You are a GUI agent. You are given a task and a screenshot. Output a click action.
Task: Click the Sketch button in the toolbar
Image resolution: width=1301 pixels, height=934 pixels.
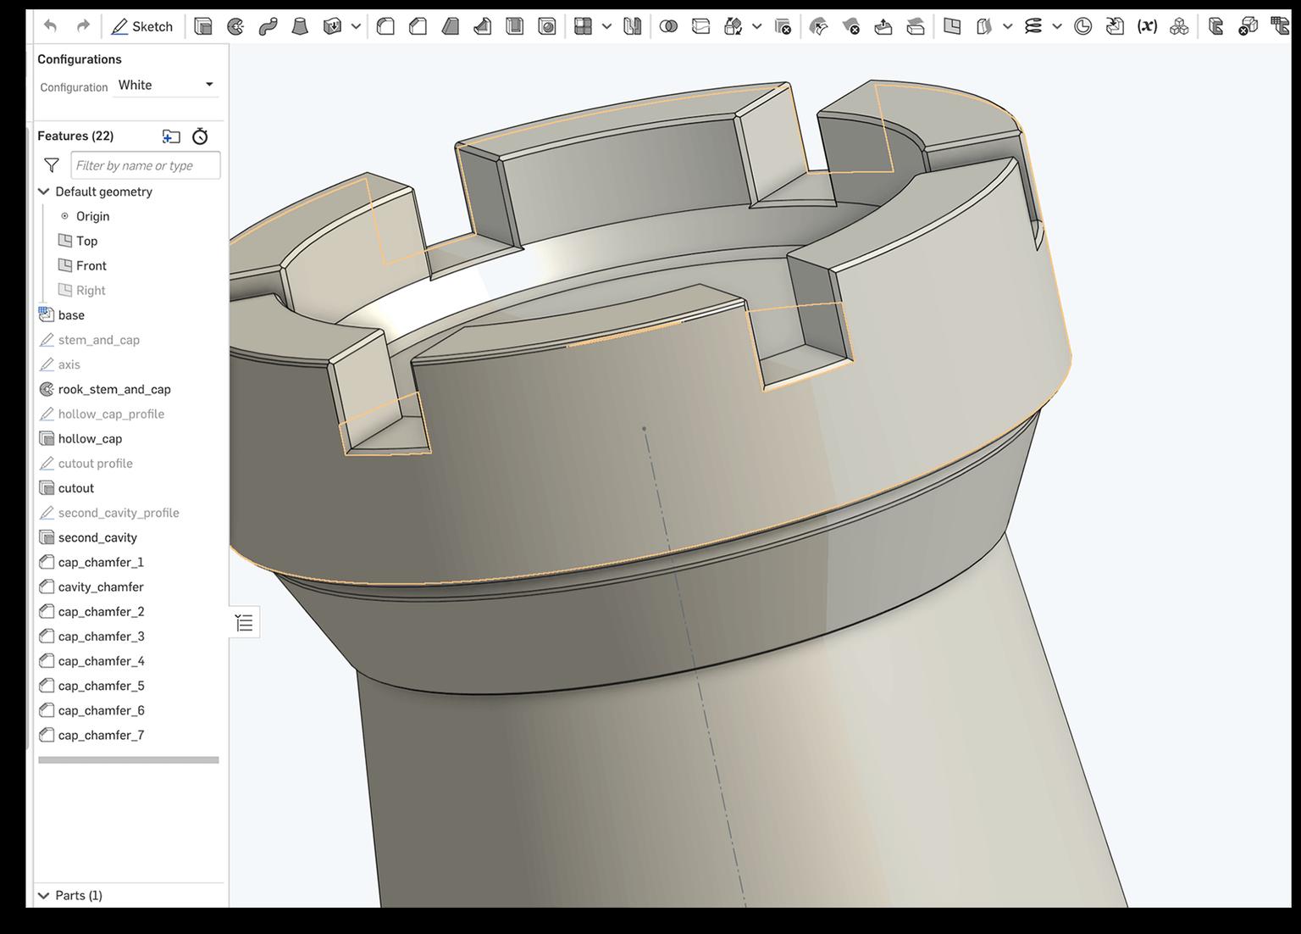click(x=142, y=26)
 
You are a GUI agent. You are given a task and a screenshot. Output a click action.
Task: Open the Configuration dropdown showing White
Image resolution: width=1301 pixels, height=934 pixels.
click(x=166, y=85)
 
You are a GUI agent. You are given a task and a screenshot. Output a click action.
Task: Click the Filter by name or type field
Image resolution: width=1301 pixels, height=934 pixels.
click(x=146, y=165)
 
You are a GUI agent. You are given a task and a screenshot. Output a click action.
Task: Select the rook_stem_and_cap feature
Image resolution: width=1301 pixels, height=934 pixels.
click(x=114, y=389)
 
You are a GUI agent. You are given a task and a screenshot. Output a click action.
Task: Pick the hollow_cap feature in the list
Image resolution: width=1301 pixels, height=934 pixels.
click(x=90, y=438)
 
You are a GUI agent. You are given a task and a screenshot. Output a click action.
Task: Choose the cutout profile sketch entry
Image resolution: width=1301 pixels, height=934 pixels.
click(x=95, y=463)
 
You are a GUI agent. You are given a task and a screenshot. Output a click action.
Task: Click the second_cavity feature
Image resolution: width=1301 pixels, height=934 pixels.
click(x=97, y=537)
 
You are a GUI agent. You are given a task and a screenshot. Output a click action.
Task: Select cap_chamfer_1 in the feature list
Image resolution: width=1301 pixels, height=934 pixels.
click(x=101, y=562)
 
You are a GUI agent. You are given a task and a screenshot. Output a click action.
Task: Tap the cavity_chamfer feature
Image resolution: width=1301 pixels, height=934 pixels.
click(x=101, y=587)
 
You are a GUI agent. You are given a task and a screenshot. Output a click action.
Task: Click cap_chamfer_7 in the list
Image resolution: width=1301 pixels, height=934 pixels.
click(x=101, y=735)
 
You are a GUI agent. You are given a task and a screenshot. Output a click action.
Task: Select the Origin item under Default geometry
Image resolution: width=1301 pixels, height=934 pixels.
click(x=92, y=216)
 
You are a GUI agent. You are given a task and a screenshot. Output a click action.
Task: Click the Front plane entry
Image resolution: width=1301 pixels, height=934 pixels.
click(x=91, y=265)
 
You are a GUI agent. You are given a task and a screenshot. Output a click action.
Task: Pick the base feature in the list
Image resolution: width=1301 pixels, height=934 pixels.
click(x=71, y=315)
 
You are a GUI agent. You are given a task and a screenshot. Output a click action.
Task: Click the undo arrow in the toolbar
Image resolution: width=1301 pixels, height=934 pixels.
click(x=51, y=26)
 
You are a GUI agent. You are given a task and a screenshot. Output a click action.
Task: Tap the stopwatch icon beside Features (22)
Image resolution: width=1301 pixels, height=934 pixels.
click(x=200, y=136)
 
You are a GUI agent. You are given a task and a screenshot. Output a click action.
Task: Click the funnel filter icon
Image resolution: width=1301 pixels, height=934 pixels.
click(x=52, y=165)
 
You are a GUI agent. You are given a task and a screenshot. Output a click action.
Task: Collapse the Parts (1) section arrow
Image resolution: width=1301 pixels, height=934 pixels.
click(x=44, y=895)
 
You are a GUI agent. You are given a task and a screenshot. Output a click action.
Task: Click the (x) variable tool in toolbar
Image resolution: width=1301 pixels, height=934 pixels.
click(x=1147, y=26)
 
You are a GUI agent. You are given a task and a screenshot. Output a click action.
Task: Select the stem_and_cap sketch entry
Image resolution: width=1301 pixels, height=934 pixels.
click(x=98, y=340)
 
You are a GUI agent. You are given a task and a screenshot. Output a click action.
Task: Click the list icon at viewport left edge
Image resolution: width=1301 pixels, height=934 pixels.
click(x=245, y=624)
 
